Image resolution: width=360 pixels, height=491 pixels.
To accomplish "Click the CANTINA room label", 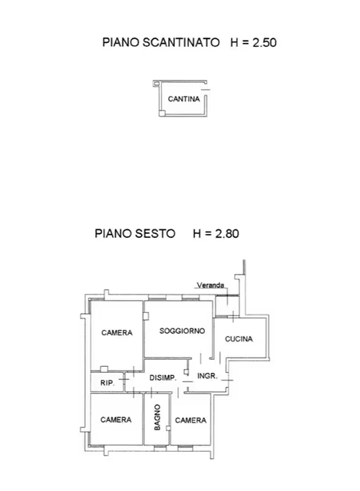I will click(x=183, y=99).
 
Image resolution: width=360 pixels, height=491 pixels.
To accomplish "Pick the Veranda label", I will click(x=210, y=285).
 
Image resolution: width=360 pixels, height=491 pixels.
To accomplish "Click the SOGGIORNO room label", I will click(x=182, y=331).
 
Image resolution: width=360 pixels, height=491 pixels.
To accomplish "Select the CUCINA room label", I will click(x=239, y=339).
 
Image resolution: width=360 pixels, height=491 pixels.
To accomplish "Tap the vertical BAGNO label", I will click(x=157, y=418).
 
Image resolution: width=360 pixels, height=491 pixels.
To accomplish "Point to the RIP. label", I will click(x=107, y=381).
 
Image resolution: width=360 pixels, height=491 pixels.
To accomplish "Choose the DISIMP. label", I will click(x=163, y=377).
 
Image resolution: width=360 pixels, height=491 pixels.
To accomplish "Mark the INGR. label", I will click(x=207, y=376).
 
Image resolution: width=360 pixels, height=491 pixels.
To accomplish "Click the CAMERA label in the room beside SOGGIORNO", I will click(x=117, y=333).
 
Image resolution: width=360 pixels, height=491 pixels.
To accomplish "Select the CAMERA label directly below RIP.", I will click(x=115, y=420).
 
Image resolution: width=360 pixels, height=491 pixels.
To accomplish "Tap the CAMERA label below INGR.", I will click(x=190, y=420).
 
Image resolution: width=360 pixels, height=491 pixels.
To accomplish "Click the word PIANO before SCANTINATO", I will click(x=121, y=42).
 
